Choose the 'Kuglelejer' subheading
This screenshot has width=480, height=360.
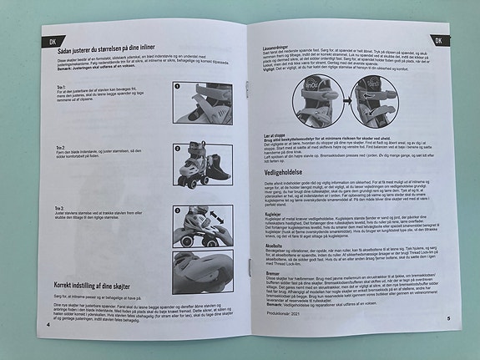coord(265,215)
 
